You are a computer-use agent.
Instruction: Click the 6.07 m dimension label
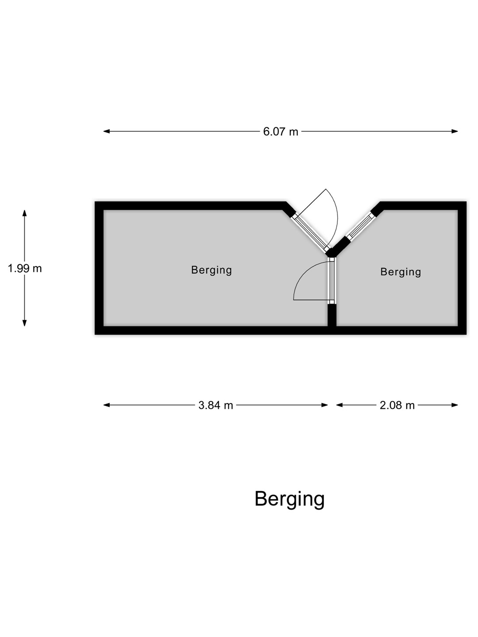click(280, 132)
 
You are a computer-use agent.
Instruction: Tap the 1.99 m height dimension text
click(25, 269)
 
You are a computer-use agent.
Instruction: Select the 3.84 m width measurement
click(216, 405)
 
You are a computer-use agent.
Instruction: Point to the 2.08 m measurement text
click(397, 405)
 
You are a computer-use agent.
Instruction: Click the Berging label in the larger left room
click(212, 270)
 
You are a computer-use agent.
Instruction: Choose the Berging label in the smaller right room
click(401, 272)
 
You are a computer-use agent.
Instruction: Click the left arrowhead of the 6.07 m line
click(107, 131)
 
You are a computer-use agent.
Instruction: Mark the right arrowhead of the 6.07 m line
click(455, 131)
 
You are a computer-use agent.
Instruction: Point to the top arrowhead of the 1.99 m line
click(25, 213)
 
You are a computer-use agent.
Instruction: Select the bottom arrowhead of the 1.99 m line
click(25, 323)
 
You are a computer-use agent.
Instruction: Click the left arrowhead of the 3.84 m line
click(107, 405)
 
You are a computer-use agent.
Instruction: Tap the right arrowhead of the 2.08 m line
click(455, 405)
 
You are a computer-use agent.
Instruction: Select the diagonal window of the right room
click(359, 226)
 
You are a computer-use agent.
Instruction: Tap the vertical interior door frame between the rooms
click(332, 281)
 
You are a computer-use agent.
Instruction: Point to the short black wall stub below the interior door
click(332, 315)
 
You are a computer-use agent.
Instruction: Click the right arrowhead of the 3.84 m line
click(324, 405)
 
